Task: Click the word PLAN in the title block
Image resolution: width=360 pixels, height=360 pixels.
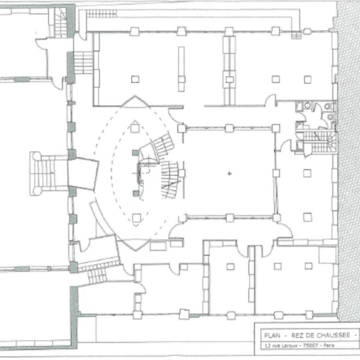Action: click(x=272, y=335)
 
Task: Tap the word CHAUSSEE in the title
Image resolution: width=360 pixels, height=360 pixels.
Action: click(x=333, y=335)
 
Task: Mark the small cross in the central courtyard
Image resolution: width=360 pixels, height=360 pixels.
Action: click(x=229, y=173)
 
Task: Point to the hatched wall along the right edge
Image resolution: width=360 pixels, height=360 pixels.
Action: click(x=348, y=161)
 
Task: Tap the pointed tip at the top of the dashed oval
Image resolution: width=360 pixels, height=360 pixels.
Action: click(x=135, y=96)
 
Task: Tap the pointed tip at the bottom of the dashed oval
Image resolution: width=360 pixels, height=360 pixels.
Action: click(x=136, y=251)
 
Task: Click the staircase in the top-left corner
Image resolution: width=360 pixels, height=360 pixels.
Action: click(x=61, y=23)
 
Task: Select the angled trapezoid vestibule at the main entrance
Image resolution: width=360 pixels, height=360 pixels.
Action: click(x=83, y=174)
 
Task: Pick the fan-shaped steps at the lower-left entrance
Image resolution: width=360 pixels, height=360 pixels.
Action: click(x=98, y=271)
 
